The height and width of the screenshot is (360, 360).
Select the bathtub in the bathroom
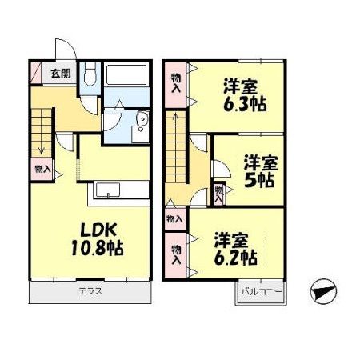click(x=126, y=78)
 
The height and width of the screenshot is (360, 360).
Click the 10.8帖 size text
click(x=93, y=248)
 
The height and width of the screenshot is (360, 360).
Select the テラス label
click(x=90, y=291)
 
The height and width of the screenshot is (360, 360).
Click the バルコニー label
click(x=261, y=292)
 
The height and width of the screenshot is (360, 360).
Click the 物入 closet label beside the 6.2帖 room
click(x=176, y=254)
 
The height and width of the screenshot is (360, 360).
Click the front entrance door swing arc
click(x=63, y=50)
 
